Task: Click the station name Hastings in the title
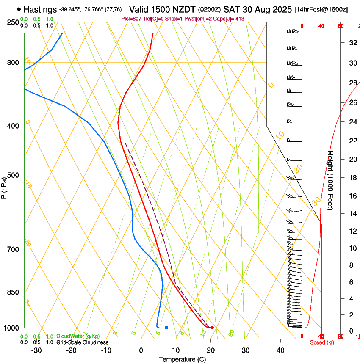[40, 9]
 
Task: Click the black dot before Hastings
[19, 9]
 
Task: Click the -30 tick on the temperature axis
[36, 350]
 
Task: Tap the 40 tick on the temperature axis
[280, 350]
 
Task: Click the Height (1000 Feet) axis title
[331, 180]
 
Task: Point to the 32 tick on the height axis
[352, 42]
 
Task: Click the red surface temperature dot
[212, 328]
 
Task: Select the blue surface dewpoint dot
[166, 328]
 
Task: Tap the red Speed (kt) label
[321, 342]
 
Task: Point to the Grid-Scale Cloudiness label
[82, 342]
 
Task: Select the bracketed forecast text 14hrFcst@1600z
[321, 9]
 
